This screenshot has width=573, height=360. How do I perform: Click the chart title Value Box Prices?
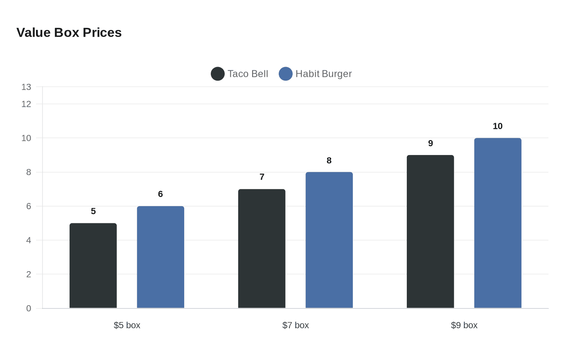(x=69, y=33)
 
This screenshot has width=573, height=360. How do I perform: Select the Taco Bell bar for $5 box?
(x=93, y=266)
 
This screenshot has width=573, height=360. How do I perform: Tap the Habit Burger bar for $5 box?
(x=160, y=257)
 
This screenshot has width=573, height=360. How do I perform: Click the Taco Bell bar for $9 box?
(x=430, y=232)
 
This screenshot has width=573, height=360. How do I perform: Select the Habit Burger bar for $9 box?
(x=498, y=223)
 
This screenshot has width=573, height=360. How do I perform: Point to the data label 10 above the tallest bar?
(x=498, y=126)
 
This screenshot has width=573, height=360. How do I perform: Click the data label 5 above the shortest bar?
(x=93, y=211)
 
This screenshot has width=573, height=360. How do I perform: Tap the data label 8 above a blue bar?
(x=329, y=161)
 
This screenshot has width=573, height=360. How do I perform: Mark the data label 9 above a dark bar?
(x=430, y=144)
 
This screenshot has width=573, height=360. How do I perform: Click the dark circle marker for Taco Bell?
(x=218, y=74)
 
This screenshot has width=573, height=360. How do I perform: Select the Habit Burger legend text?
(x=323, y=74)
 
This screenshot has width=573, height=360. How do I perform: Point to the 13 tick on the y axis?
(x=26, y=87)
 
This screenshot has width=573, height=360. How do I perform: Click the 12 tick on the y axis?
(x=26, y=104)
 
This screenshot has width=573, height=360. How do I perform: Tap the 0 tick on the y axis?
(x=29, y=308)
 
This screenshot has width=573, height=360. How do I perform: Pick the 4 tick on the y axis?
(x=29, y=241)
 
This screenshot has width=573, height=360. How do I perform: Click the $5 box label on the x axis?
(x=127, y=325)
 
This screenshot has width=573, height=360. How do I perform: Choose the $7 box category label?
(x=296, y=325)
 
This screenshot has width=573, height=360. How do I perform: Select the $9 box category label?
(x=464, y=325)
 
